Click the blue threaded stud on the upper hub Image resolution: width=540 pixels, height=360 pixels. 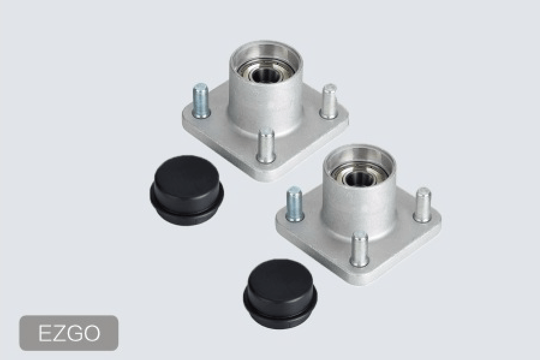pyautogui.click(x=201, y=101)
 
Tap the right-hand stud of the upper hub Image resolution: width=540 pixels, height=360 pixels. pyautogui.click(x=329, y=102)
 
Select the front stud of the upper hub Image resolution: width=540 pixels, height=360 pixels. pyautogui.click(x=267, y=145)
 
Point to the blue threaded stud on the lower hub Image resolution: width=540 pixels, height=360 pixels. pyautogui.click(x=295, y=204)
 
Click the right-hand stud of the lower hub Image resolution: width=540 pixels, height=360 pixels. pyautogui.click(x=422, y=204)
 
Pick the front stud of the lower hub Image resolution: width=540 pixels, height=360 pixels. pyautogui.click(x=360, y=249)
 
